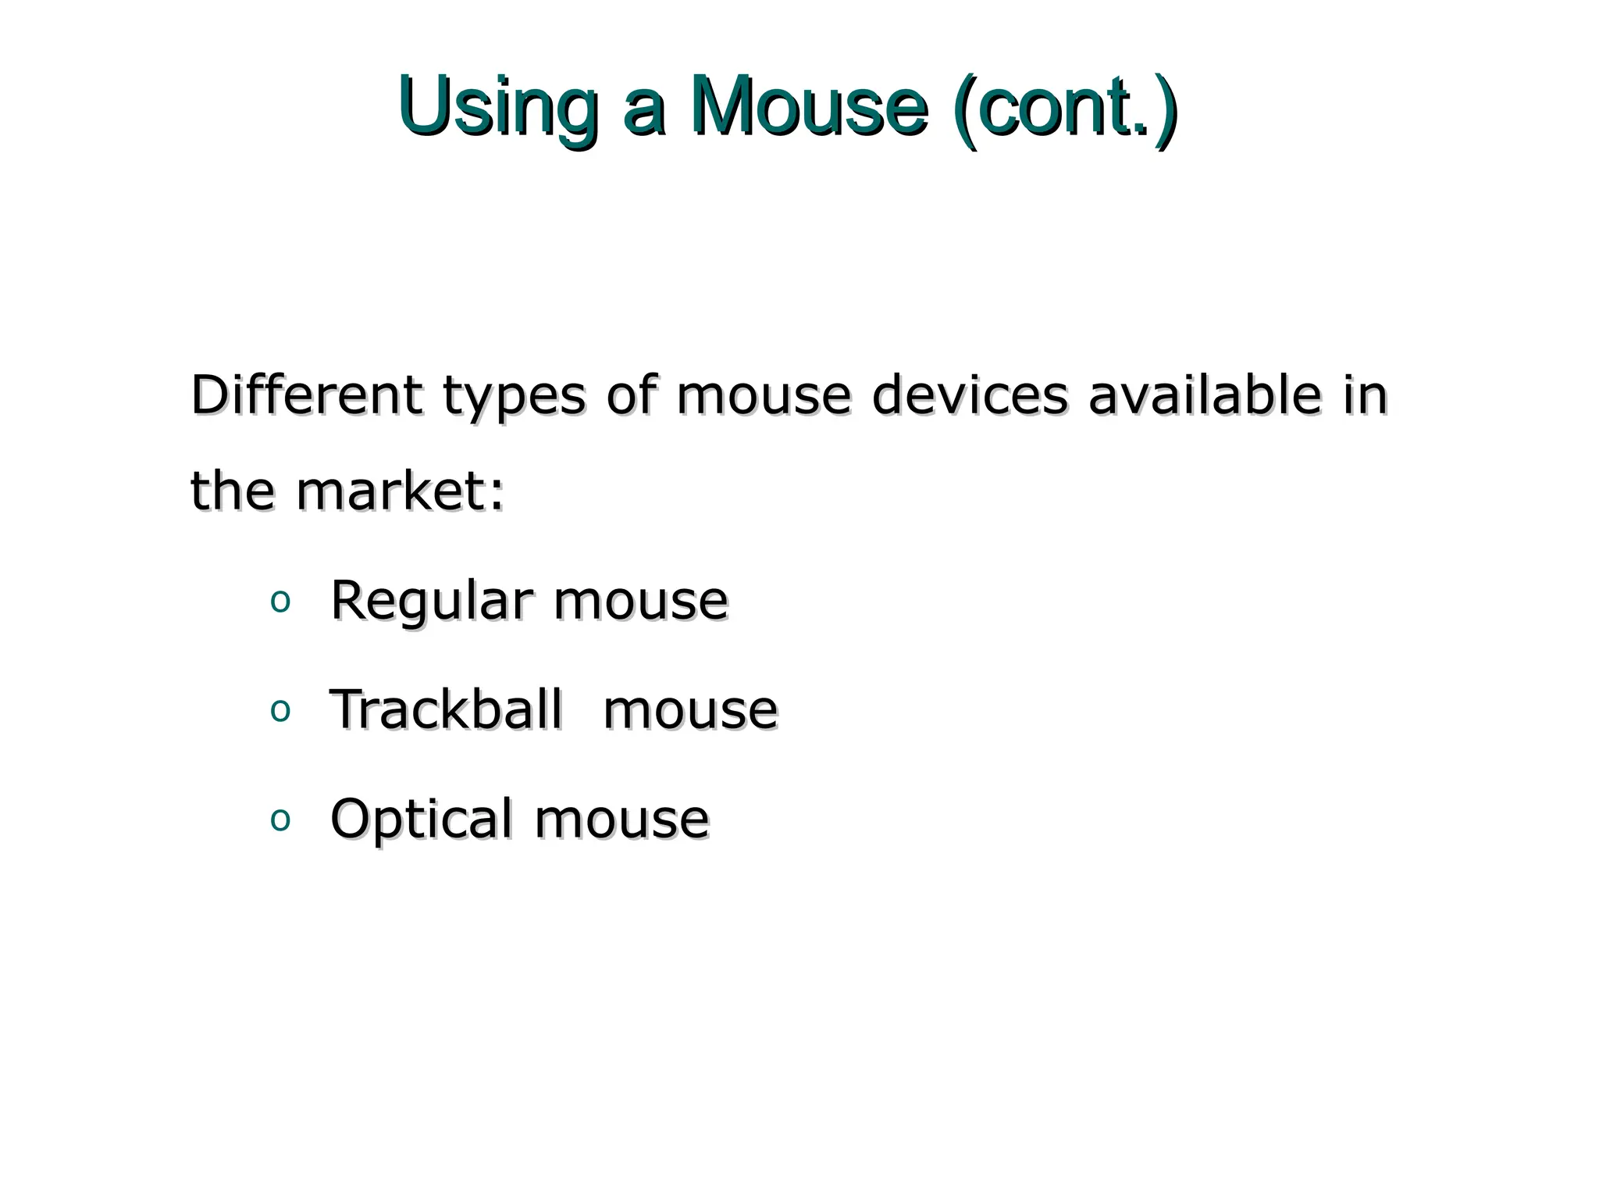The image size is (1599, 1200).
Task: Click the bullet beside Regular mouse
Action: click(x=280, y=602)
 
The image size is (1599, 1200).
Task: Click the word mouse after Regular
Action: click(x=640, y=602)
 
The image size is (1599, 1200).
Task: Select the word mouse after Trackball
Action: click(x=690, y=711)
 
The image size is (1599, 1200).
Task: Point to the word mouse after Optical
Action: click(x=621, y=820)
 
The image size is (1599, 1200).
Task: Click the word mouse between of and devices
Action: click(x=764, y=396)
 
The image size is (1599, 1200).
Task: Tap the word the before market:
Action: click(x=233, y=491)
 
